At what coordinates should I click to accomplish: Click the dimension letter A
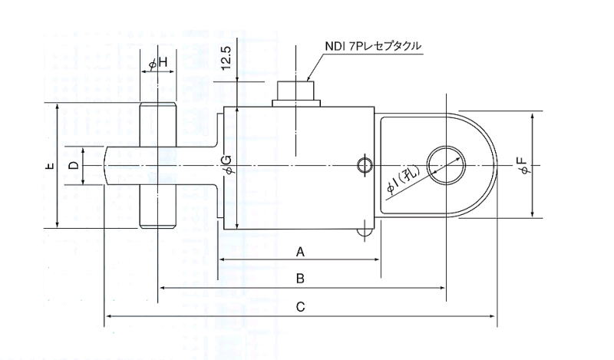(301, 251)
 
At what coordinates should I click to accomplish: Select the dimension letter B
(301, 279)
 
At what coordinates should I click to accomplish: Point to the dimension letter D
(73, 166)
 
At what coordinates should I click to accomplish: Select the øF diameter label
(522, 165)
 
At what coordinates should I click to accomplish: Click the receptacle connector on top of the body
(296, 91)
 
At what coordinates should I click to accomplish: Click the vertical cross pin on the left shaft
(159, 166)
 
